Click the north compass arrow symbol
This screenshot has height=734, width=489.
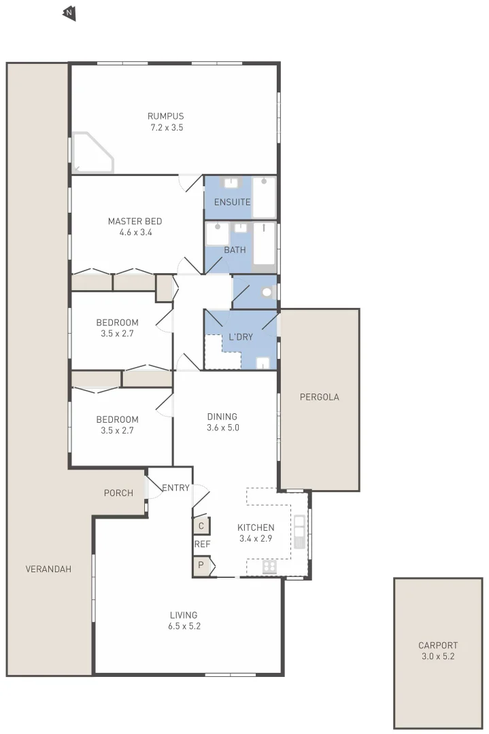(69, 13)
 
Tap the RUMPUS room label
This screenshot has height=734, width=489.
(167, 116)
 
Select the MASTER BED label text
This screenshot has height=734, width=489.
(135, 221)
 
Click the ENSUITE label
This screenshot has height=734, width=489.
(232, 202)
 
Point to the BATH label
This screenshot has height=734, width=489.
(235, 250)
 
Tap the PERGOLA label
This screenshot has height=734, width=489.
(319, 397)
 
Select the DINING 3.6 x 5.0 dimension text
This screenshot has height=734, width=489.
(222, 428)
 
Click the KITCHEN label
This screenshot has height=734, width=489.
(256, 527)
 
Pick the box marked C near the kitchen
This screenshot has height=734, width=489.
(201, 525)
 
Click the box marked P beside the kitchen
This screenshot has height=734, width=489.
(201, 565)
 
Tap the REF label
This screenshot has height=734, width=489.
(202, 544)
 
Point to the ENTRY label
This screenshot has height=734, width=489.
(175, 487)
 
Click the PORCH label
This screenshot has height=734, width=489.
(118, 493)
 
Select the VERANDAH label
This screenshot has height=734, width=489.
(48, 569)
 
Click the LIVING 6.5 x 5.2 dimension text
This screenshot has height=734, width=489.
(185, 627)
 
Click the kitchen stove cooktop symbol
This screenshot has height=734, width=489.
(269, 567)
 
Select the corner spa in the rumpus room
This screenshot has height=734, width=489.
(91, 153)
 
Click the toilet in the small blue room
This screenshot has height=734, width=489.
(267, 293)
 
